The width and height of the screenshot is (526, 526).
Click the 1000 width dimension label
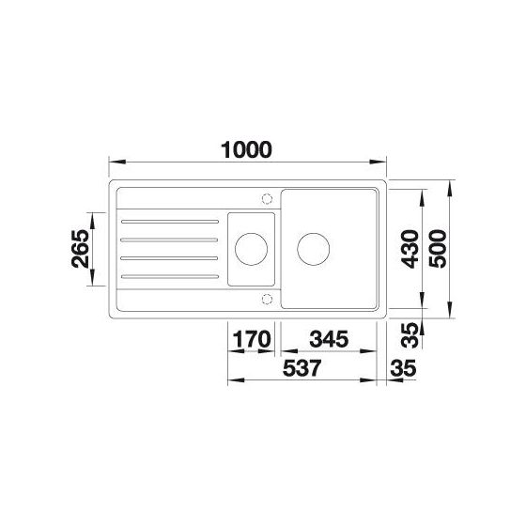pos(246,150)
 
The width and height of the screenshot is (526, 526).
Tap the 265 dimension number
pos(81,249)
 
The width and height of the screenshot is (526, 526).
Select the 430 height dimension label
pos(410,249)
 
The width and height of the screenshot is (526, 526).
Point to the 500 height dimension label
pos(438,249)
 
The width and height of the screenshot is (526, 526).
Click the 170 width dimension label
pos(252,339)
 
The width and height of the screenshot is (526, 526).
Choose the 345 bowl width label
pos(329,339)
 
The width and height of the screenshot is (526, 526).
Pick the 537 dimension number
pos(302,368)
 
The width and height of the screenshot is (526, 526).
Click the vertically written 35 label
pos(410,334)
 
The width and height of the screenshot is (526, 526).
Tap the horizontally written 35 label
pos(403,368)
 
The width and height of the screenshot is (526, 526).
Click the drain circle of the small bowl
pos(252,233)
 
